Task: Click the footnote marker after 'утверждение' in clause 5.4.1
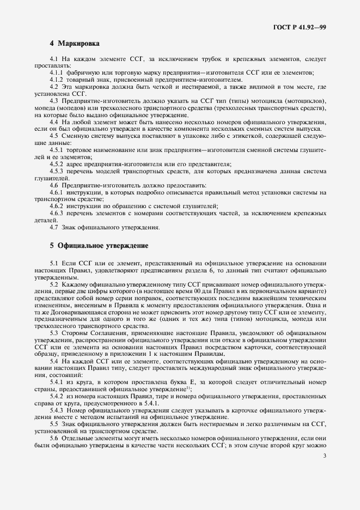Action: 188,388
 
